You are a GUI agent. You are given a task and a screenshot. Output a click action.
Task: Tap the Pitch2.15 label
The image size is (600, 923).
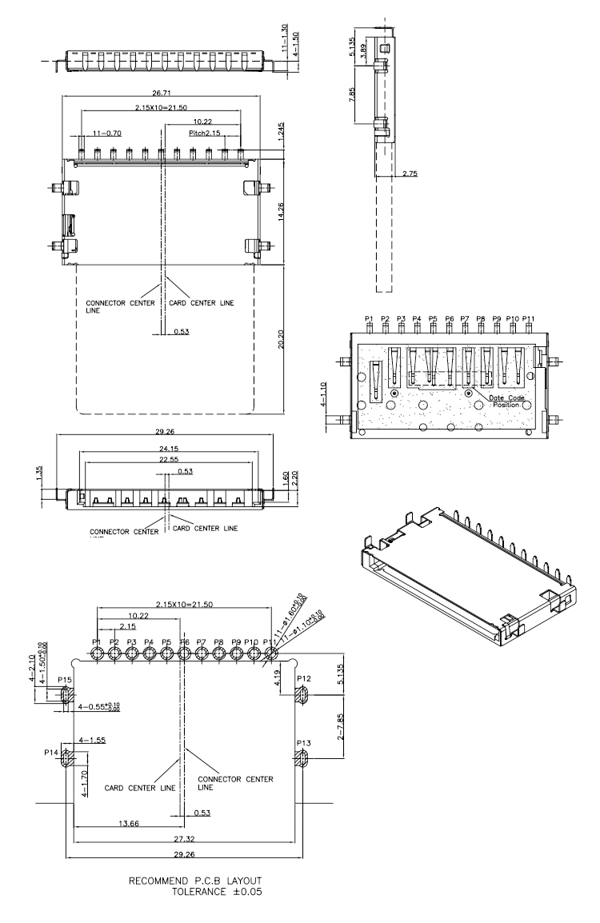tap(204, 133)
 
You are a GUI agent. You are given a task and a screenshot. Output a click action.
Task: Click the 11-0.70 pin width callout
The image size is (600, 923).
tap(106, 133)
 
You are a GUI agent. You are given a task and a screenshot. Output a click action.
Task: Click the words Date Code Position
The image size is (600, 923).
tap(504, 401)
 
